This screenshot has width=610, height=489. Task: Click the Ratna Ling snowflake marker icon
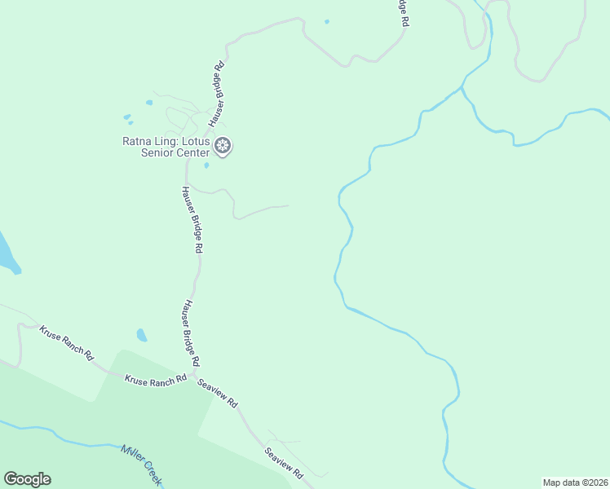pyautogui.click(x=223, y=147)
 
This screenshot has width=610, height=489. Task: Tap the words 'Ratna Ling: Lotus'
pyautogui.click(x=166, y=141)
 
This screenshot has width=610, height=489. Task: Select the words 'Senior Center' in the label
pyautogui.click(x=175, y=152)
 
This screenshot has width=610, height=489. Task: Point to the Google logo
pyautogui.click(x=27, y=479)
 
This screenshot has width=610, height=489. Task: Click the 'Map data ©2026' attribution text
pyautogui.click(x=575, y=482)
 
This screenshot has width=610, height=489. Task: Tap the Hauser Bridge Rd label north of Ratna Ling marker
pyautogui.click(x=218, y=95)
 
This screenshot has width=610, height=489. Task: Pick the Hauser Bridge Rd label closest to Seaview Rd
pyautogui.click(x=191, y=333)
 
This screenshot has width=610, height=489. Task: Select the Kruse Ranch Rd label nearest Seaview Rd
pyautogui.click(x=156, y=379)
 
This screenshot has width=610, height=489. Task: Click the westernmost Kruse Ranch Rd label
pyautogui.click(x=67, y=343)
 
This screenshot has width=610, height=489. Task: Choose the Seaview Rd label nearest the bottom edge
pyautogui.click(x=284, y=461)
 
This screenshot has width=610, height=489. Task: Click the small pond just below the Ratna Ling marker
pyautogui.click(x=206, y=165)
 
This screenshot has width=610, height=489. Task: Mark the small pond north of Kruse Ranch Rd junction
pyautogui.click(x=142, y=335)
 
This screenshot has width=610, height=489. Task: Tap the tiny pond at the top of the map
pyautogui.click(x=327, y=21)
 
